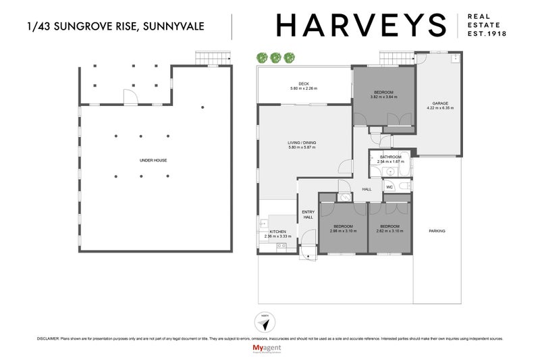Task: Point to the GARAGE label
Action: coord(437,103)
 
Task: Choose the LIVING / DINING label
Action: coord(302,143)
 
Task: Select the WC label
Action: coord(389,186)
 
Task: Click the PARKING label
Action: coord(437,231)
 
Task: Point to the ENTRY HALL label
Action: coord(308,214)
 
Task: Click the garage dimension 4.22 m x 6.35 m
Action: coord(437,108)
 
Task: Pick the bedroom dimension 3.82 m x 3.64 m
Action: coord(383,97)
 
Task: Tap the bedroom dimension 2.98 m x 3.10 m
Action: coord(343,231)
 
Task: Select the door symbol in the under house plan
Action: coord(134,97)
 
